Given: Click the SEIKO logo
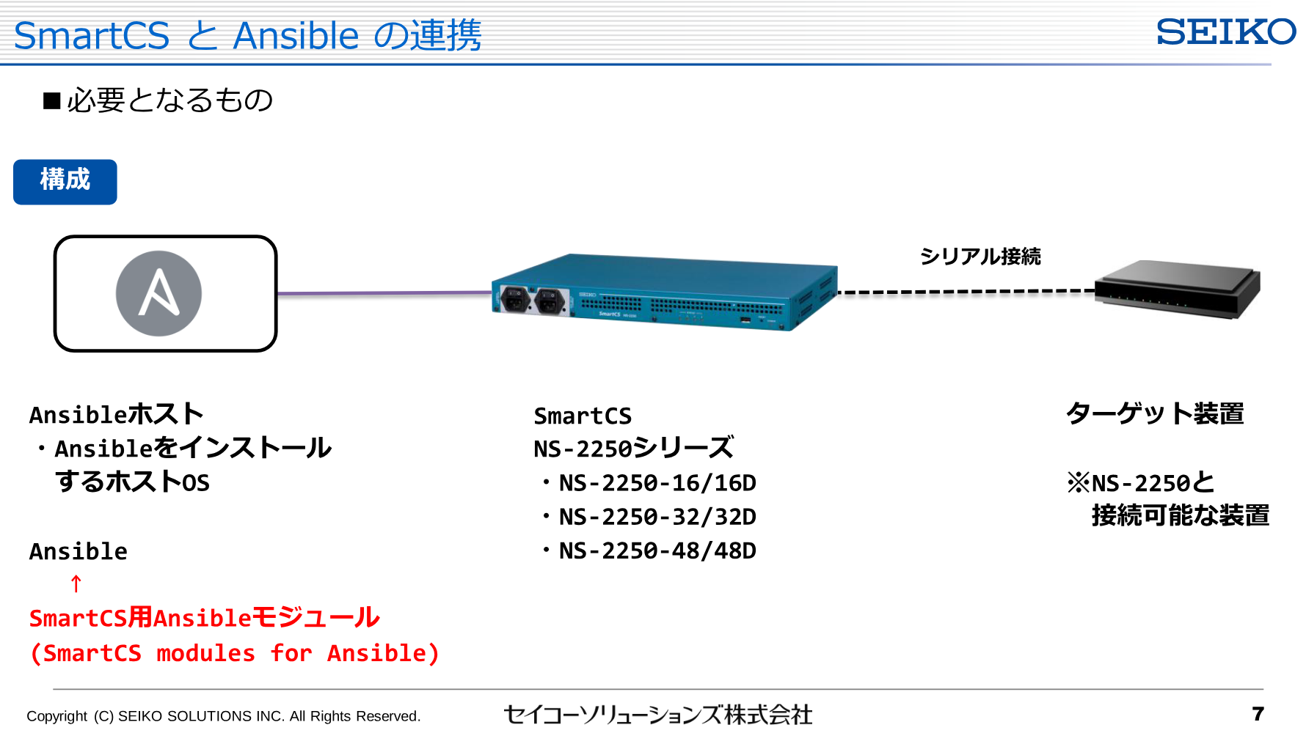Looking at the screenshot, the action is pos(1226,32).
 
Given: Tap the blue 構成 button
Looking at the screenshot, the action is pos(65,182).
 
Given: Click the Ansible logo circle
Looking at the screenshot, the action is pos(158,293).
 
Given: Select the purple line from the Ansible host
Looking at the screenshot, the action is pos(384,293).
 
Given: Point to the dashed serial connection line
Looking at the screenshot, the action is pos(966,292).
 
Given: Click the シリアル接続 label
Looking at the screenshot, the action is pos(980,257).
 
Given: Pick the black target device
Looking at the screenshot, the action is pos(1178,289).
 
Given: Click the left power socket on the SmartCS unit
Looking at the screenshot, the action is pos(515,299).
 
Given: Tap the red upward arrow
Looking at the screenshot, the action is pos(76,584).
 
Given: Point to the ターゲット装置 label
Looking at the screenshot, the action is pos(1155,413).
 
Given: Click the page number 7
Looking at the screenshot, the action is pos(1258,713).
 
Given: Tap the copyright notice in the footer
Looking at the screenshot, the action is pos(224,716).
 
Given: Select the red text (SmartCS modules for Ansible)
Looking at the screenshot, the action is pos(234,653).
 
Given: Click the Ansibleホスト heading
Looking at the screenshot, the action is pos(116,414).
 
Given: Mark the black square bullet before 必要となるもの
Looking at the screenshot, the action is pos(51,100).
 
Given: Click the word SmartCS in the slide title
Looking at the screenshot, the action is pos(92,35).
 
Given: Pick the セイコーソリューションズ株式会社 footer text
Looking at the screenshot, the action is pos(658,715).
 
